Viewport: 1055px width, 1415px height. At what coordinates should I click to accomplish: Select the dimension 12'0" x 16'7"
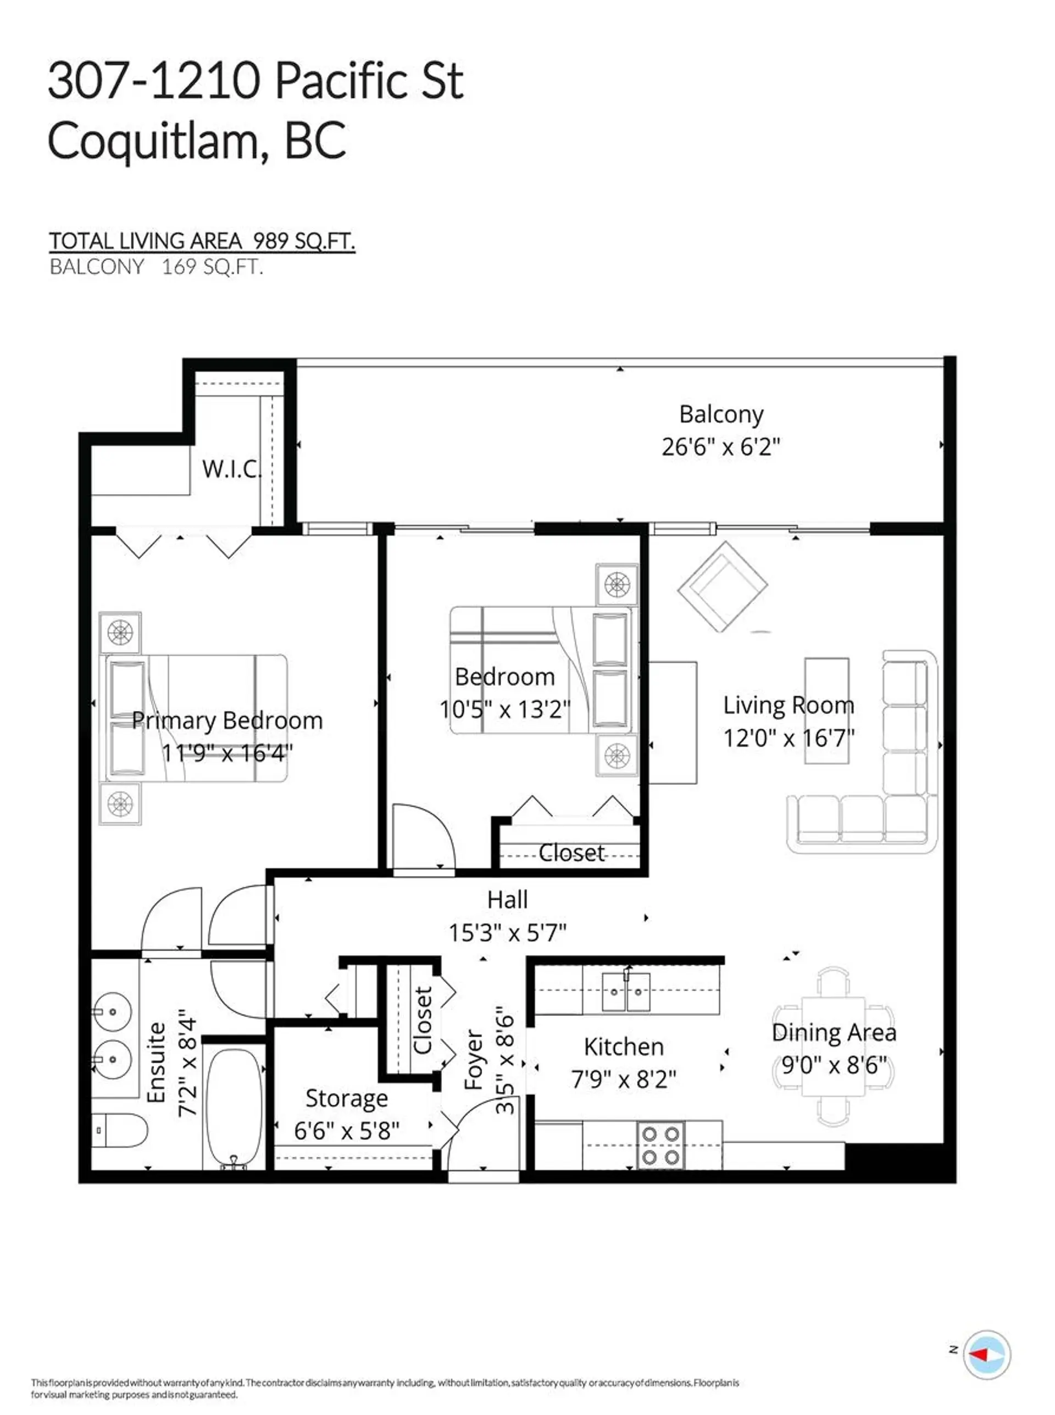click(789, 739)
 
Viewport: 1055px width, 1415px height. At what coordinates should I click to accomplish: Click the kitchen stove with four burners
click(660, 1145)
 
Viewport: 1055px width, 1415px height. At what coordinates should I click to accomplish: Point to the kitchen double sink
click(626, 992)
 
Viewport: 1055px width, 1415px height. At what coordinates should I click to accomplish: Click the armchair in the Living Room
click(722, 586)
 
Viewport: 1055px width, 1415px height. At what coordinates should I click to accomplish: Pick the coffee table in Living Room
click(826, 711)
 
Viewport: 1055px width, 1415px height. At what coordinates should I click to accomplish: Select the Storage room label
click(346, 1098)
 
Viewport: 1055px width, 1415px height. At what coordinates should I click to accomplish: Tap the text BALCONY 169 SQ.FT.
click(157, 267)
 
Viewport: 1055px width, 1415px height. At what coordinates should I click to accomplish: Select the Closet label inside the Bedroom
click(571, 853)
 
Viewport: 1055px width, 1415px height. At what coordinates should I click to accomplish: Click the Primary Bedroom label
click(227, 720)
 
